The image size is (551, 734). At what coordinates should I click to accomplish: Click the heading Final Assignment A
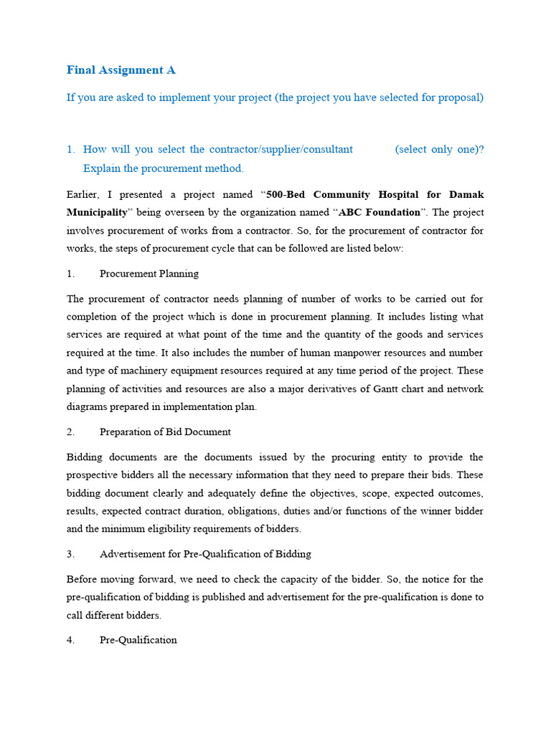coord(121,70)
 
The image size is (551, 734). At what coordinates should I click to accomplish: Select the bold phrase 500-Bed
coord(286,194)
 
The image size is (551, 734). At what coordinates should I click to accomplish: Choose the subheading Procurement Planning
coord(149,274)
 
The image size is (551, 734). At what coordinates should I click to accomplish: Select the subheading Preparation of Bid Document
coord(165,432)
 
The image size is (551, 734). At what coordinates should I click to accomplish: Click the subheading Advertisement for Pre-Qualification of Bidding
coord(205,554)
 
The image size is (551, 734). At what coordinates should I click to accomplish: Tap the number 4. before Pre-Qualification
coord(71,640)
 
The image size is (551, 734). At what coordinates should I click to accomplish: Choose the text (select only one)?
coord(439,149)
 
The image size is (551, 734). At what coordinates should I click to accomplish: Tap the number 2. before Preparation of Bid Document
coord(71,432)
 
